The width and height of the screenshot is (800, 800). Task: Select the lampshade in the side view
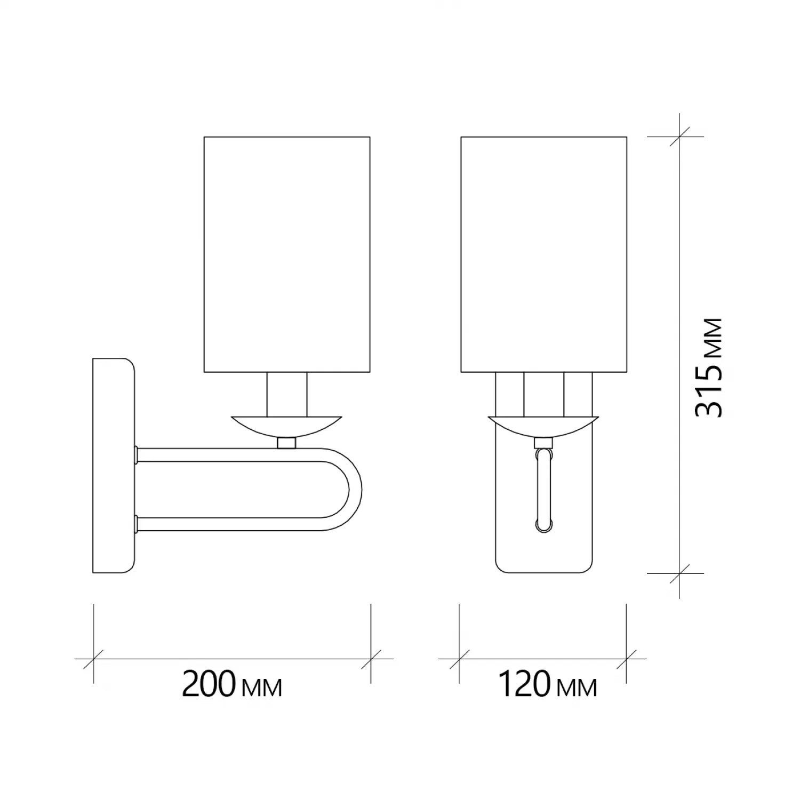287,254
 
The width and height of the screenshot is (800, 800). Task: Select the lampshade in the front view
543,254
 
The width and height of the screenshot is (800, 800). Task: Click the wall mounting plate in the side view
113,466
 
